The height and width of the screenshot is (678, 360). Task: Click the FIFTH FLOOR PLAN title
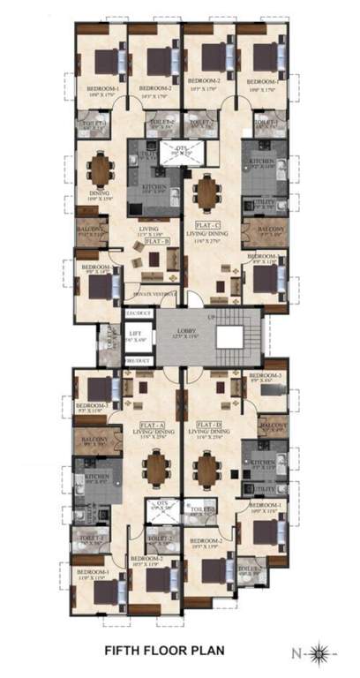(x=165, y=652)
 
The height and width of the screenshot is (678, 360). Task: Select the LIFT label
(x=135, y=332)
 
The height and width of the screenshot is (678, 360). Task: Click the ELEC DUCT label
(x=136, y=313)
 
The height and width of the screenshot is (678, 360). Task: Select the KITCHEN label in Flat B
(x=154, y=186)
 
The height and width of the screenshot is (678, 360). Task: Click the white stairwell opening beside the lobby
(x=230, y=336)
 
